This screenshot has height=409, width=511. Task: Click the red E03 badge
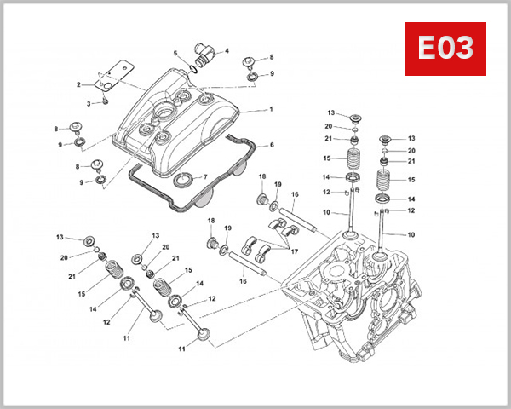click(444, 49)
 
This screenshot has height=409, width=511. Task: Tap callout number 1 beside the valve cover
click(271, 109)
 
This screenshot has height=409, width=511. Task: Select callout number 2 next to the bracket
click(78, 84)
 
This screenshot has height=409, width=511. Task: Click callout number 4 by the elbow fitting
click(227, 51)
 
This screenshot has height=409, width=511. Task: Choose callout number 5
click(175, 54)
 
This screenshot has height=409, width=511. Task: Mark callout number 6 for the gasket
click(271, 145)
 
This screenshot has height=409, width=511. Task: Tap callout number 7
click(204, 177)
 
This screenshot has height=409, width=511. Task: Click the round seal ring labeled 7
click(183, 180)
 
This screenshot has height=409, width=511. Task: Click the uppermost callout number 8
click(271, 57)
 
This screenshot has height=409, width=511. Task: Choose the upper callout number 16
click(294, 194)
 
